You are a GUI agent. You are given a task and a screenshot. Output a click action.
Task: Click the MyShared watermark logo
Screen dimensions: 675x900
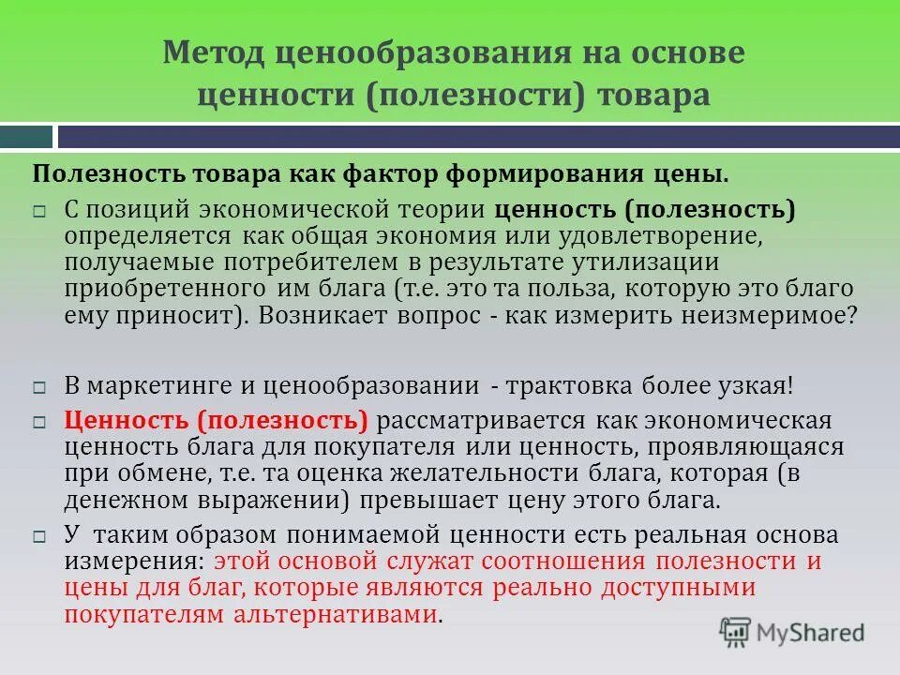coord(792,631)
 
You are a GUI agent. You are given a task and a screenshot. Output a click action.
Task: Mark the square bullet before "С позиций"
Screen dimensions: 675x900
coord(39,211)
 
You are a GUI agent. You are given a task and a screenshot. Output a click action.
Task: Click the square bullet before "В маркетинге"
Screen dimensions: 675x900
coord(39,387)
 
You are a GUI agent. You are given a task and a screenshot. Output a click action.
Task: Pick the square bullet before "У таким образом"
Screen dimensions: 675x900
coord(39,537)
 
